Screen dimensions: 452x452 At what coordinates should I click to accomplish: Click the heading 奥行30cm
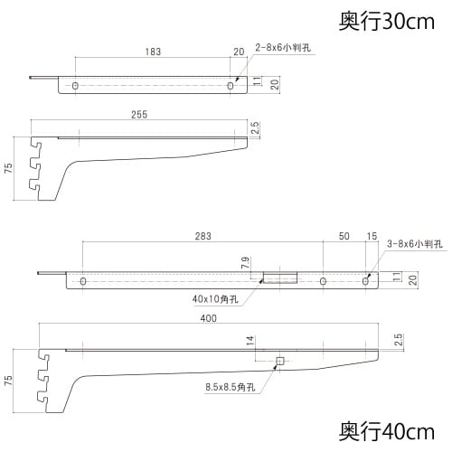387,22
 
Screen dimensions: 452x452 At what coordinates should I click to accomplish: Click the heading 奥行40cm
387,431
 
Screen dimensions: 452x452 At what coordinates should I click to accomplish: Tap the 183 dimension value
153,52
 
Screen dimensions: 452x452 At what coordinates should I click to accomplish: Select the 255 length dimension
139,115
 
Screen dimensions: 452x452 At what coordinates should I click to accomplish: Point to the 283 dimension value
202,236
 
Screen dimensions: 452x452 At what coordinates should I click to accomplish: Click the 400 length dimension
209,318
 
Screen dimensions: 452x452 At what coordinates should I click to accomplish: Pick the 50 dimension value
344,236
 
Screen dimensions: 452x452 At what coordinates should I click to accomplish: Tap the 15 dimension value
372,236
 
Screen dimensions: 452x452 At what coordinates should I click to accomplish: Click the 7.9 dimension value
245,262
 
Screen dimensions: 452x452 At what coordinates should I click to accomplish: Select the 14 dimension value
250,341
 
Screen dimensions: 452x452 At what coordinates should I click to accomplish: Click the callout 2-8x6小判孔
283,48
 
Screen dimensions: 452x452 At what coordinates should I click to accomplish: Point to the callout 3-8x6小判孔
415,243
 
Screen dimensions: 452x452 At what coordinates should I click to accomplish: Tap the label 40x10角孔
215,299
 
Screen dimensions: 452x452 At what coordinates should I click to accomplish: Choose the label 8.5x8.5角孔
231,387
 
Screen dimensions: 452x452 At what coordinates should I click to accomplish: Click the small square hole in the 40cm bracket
280,361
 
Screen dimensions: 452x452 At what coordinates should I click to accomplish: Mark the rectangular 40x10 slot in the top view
280,278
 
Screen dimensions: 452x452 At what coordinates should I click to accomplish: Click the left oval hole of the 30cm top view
75,86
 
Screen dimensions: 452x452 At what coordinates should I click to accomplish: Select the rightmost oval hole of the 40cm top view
365,281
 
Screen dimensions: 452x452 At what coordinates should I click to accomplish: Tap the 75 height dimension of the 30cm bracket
9,168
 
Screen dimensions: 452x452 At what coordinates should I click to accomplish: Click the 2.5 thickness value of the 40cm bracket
398,340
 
